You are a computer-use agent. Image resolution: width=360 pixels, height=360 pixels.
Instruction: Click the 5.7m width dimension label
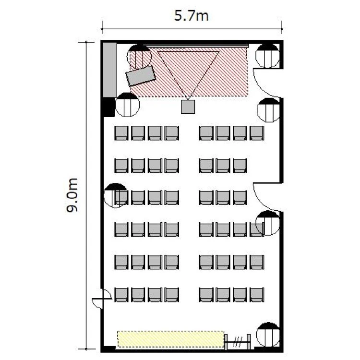[191, 16]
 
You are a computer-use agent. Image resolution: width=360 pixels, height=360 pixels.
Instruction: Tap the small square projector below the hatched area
[188, 107]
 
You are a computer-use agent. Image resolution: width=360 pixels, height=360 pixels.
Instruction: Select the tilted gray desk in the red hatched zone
[141, 76]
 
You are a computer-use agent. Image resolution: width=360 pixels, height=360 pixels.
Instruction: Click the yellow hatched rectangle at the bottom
[171, 339]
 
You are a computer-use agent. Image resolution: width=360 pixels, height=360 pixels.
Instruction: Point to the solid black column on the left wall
[108, 107]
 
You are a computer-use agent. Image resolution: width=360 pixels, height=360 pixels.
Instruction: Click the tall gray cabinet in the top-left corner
[110, 70]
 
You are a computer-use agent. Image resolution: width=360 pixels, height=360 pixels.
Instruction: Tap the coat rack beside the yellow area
[238, 342]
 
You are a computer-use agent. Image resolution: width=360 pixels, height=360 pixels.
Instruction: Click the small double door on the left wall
[102, 299]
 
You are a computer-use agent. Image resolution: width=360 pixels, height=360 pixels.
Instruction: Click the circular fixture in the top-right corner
[268, 56]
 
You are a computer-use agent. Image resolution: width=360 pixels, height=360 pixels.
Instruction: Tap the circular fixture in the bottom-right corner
[268, 335]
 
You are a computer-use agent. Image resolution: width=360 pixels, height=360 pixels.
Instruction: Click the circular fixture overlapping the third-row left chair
[116, 195]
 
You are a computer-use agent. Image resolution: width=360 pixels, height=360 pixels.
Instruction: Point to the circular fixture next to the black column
[127, 105]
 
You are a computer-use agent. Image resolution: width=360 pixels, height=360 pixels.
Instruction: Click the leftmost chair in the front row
[121, 133]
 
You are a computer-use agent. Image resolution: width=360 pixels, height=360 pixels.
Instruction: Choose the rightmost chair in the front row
[257, 133]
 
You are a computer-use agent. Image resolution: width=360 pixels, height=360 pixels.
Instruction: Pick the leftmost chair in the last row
[121, 295]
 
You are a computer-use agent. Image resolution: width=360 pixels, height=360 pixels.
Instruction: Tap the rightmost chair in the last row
[257, 295]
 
